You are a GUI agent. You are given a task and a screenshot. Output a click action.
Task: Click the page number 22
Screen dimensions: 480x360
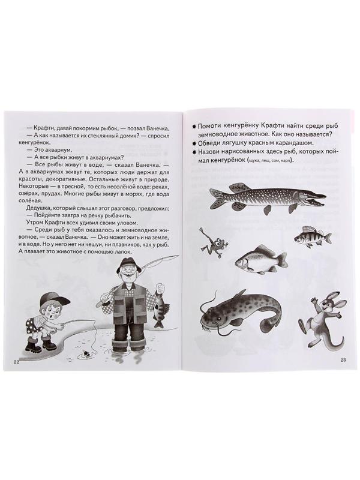coord(16,360)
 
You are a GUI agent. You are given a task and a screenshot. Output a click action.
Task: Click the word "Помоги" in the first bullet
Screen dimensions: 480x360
coord(211,127)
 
